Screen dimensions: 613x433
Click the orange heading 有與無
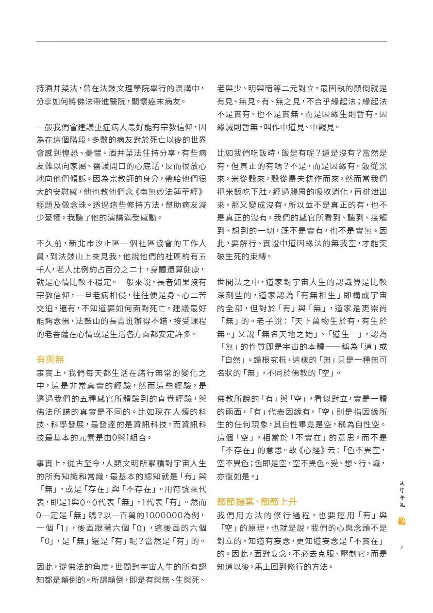[x=50, y=359]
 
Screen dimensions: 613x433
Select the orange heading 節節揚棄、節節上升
[x=257, y=502]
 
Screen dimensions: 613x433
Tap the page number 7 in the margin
[x=401, y=547]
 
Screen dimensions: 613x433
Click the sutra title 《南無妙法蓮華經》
[x=161, y=191]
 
